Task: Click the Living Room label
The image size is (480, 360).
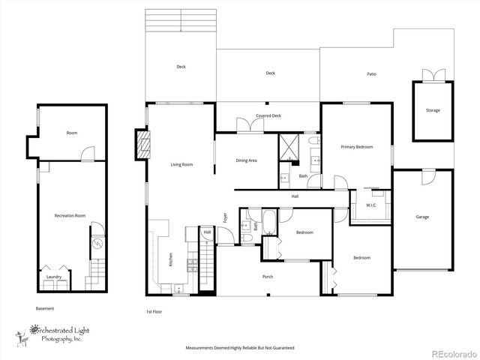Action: [x=182, y=164]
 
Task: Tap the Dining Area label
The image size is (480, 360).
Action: [x=247, y=160]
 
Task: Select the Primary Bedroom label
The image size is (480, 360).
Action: [x=356, y=147]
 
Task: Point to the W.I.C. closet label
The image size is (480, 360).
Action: [x=370, y=205]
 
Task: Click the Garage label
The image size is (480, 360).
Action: [x=422, y=217]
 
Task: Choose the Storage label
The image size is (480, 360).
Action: [x=433, y=110]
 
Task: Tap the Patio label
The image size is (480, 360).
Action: [x=371, y=74]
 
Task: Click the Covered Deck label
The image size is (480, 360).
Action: [x=268, y=115]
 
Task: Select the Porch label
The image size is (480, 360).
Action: [x=268, y=277]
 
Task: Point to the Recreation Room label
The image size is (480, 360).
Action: [x=70, y=215]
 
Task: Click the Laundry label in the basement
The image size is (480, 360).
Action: [x=54, y=277]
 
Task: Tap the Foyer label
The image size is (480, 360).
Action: [x=225, y=218]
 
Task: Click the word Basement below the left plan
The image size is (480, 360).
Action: [x=45, y=308]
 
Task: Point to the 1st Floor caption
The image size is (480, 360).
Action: [x=154, y=311]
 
